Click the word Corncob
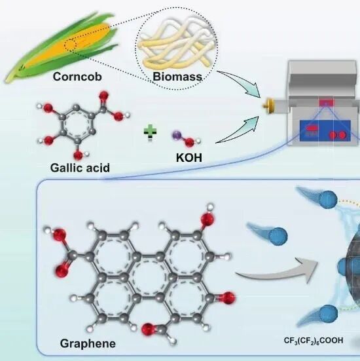point(77,77)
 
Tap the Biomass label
point(177,77)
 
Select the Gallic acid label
point(80,168)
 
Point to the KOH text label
point(189,158)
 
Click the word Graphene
point(88,344)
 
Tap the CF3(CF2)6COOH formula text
point(314,341)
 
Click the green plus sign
point(150,132)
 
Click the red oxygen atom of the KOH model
point(190,143)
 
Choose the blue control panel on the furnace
point(325,131)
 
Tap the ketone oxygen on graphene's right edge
point(228,298)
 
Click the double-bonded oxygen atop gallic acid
point(103,96)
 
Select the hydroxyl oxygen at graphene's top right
point(207,218)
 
